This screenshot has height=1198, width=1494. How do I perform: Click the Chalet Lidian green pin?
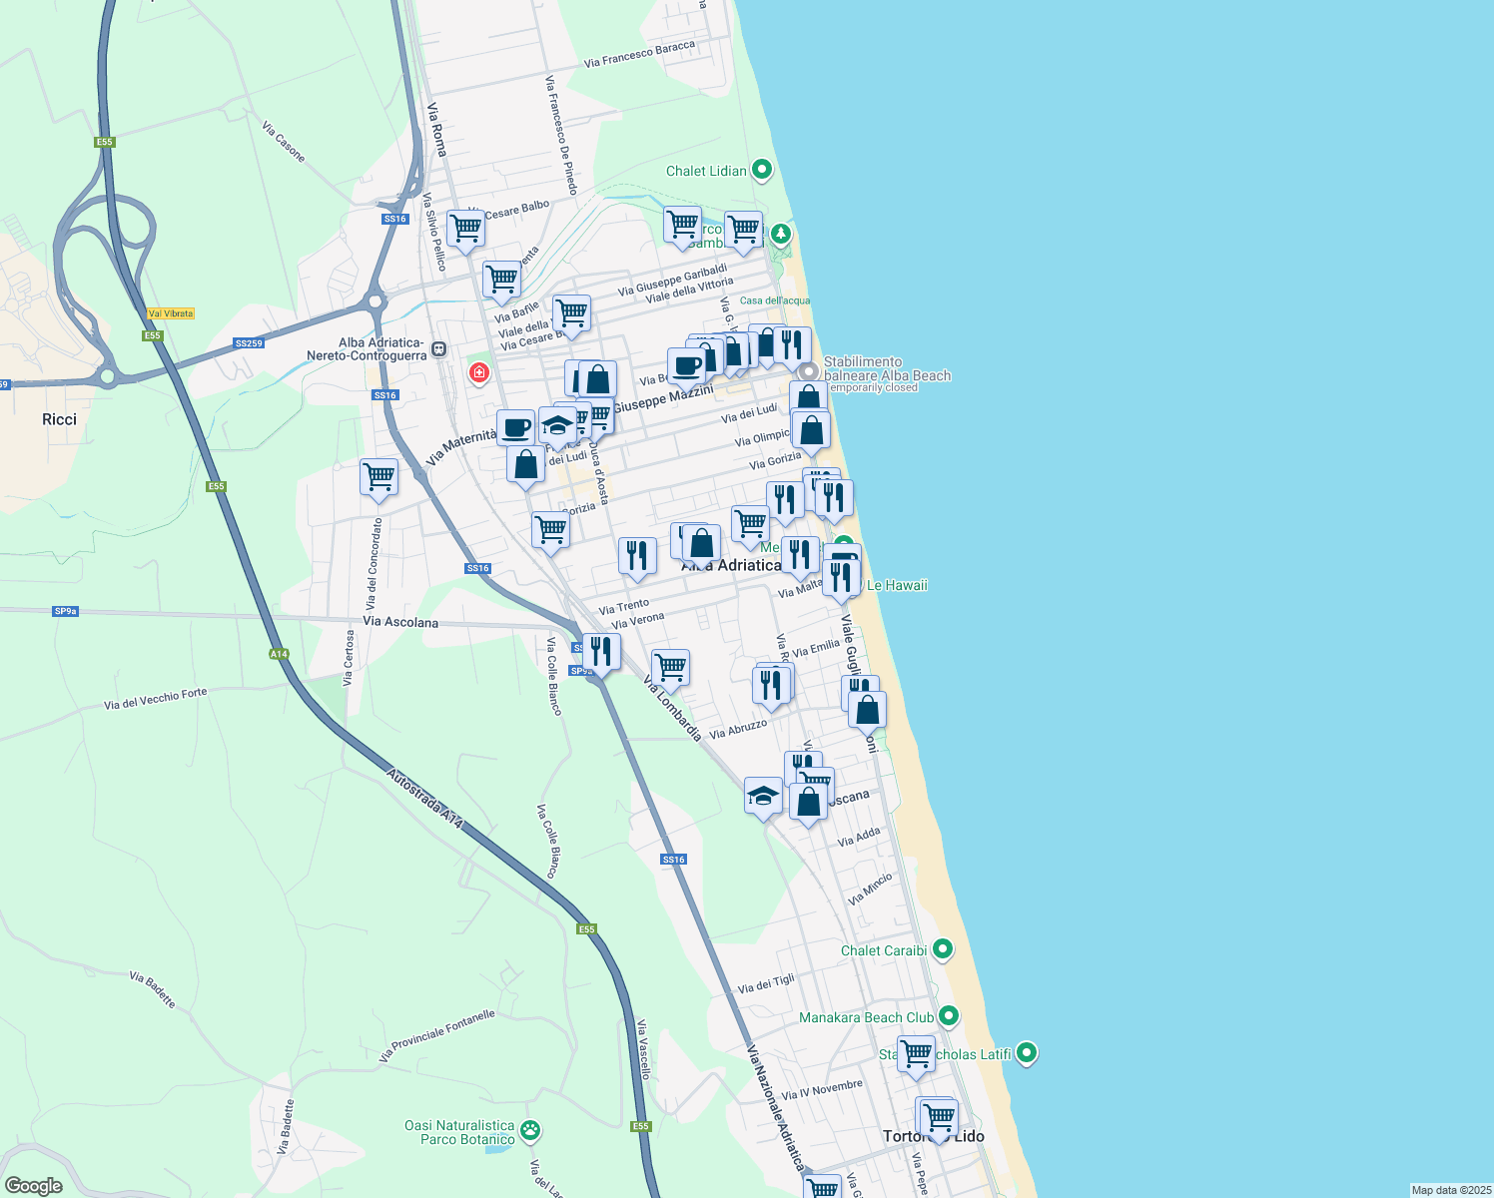tap(762, 170)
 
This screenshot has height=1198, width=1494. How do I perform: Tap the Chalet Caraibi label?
tap(884, 950)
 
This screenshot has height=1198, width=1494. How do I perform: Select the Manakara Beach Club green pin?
tap(949, 1016)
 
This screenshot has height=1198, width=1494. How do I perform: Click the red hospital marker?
tap(479, 372)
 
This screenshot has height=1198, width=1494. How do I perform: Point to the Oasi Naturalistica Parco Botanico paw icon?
tap(531, 1130)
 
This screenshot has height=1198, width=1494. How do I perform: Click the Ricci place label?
tap(59, 419)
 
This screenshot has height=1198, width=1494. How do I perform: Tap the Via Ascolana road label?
tap(400, 622)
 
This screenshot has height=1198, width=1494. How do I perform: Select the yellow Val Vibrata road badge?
tap(171, 313)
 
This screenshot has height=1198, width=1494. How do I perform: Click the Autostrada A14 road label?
tap(425, 798)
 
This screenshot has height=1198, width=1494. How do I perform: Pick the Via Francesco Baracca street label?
tap(639, 54)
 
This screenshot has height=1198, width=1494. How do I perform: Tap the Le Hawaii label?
tap(897, 585)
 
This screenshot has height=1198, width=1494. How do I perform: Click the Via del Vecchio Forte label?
tap(156, 698)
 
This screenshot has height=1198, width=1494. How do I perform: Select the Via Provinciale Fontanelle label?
tap(437, 1036)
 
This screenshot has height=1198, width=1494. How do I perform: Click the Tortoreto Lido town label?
tap(934, 1136)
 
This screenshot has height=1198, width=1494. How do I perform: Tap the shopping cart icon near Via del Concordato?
tap(378, 476)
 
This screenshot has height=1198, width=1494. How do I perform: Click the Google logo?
tap(33, 1185)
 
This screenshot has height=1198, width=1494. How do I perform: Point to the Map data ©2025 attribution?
tap(1450, 1190)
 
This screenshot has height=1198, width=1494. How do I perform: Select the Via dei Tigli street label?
tap(766, 984)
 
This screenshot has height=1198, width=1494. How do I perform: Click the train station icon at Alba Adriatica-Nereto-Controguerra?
tap(439, 349)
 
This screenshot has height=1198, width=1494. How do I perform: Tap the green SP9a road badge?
tap(65, 611)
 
